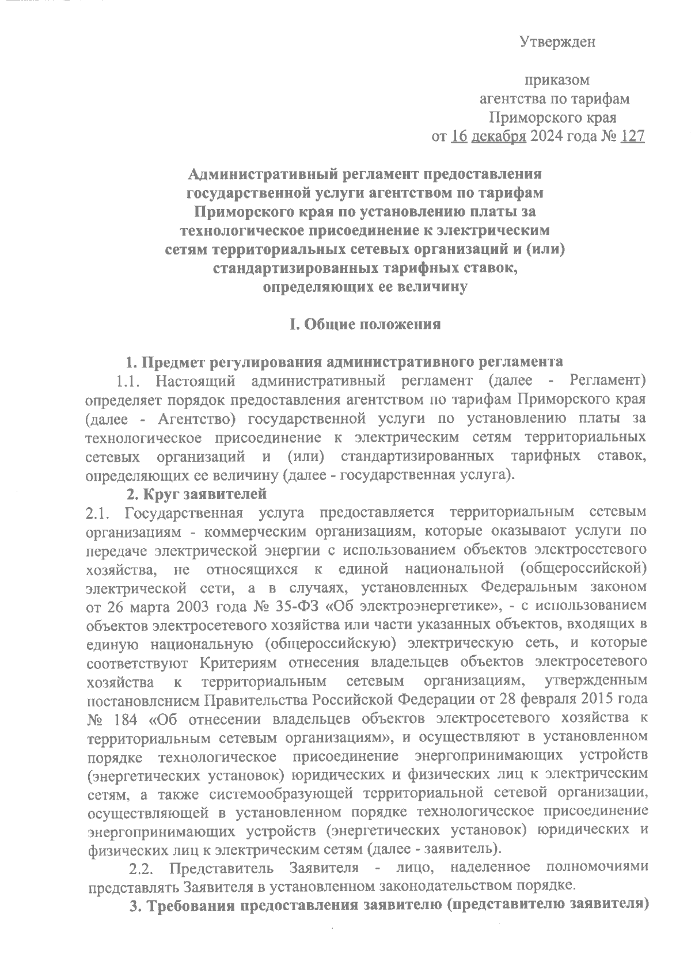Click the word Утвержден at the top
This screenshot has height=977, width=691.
pyautogui.click(x=557, y=41)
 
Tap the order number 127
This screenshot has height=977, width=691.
pyautogui.click(x=633, y=136)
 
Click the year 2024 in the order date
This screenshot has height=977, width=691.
pyautogui.click(x=548, y=136)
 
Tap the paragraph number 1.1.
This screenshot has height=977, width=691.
pyautogui.click(x=128, y=381)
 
